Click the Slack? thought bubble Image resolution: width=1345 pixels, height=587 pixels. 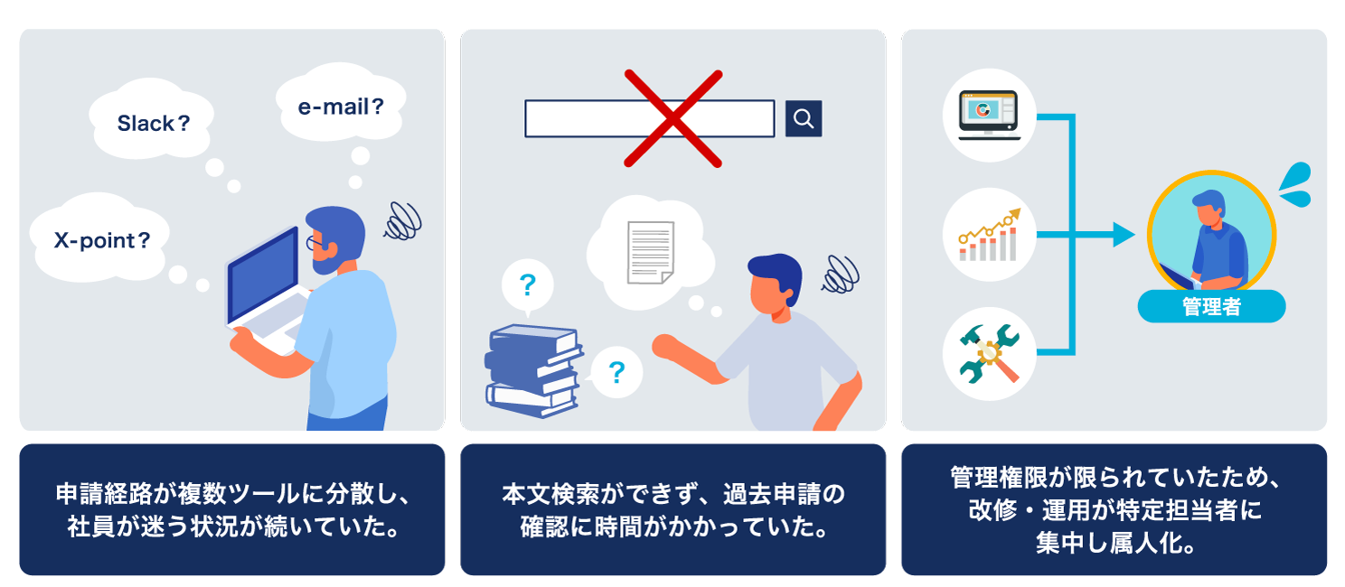(x=151, y=119)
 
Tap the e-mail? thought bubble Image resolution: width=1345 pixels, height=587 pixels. (x=341, y=103)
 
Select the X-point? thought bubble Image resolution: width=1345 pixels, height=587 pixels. (x=99, y=238)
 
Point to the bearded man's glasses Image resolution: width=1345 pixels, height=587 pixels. (x=315, y=243)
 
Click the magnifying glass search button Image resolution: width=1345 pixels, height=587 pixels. (x=804, y=118)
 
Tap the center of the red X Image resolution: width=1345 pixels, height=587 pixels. (x=673, y=118)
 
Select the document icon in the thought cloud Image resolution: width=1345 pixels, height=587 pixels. (x=650, y=252)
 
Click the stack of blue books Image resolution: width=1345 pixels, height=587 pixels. (x=533, y=371)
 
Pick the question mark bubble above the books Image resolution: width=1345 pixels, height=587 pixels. (x=527, y=285)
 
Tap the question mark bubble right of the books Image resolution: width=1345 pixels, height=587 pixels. (x=616, y=372)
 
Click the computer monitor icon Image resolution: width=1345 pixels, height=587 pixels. (x=989, y=115)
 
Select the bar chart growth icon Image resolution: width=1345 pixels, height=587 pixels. (x=989, y=235)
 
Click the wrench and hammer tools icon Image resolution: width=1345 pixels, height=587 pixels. (x=989, y=354)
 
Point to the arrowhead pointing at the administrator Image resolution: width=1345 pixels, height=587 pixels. (x=1124, y=234)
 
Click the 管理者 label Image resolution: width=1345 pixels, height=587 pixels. (x=1211, y=306)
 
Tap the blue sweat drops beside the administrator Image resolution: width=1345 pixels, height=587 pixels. (x=1296, y=184)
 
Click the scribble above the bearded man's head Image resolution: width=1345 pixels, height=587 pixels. (x=403, y=221)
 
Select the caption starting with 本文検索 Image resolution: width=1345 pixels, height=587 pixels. (x=673, y=510)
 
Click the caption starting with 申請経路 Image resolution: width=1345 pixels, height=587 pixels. (x=232, y=510)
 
